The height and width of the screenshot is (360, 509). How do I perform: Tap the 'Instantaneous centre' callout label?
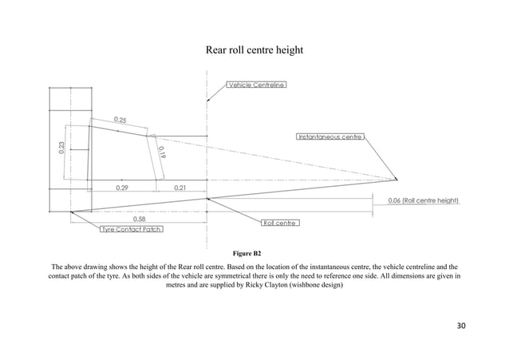[331, 136]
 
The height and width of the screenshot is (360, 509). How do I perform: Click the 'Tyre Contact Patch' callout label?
[131, 229]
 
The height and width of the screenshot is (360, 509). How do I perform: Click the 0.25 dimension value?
[120, 120]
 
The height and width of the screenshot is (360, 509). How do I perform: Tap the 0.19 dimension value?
[161, 149]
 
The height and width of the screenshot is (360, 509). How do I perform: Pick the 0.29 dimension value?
[122, 187]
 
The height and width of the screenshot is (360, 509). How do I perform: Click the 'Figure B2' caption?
[254, 253]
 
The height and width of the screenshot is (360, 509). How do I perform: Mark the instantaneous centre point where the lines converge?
[397, 179]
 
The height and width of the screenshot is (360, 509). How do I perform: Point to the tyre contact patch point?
[70, 212]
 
